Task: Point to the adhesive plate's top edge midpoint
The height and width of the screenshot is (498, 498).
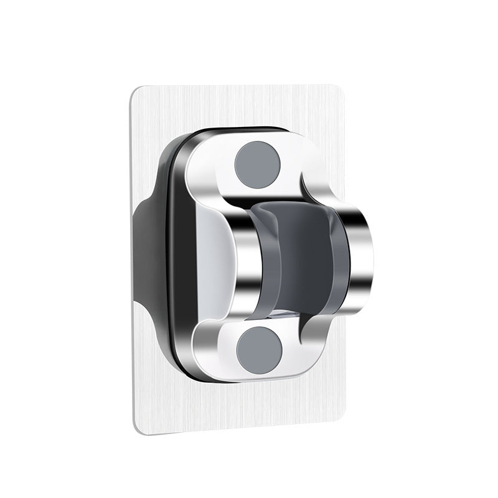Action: tap(250, 87)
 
